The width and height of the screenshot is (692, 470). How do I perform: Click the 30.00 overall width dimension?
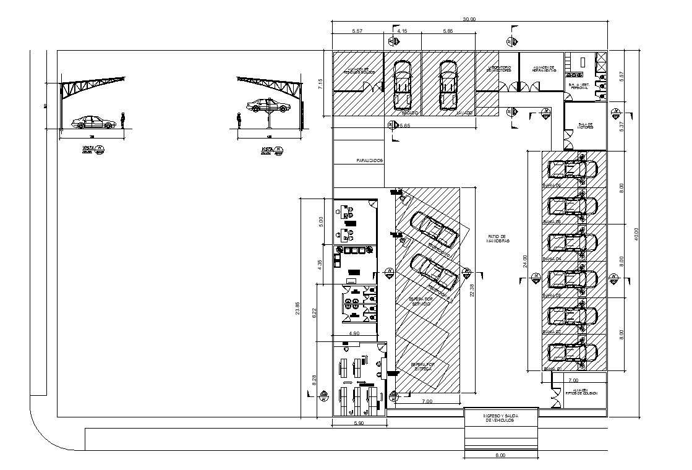click(x=469, y=19)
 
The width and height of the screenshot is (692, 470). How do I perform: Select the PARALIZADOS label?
click(x=370, y=161)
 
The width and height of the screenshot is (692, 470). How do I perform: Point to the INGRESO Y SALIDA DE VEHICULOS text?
click(x=500, y=418)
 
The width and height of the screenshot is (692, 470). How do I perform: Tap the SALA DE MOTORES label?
click(x=585, y=126)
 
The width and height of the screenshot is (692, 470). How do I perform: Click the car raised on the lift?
click(x=268, y=106)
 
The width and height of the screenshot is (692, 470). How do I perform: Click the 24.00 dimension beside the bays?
click(x=525, y=261)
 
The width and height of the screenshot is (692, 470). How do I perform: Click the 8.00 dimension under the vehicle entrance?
click(x=500, y=456)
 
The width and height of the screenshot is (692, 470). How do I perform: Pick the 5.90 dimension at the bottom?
click(x=358, y=424)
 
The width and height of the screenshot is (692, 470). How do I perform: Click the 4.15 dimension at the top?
click(x=402, y=30)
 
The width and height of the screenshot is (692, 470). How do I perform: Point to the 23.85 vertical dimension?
click(x=297, y=308)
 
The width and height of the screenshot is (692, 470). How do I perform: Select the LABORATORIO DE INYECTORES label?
click(x=497, y=69)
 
